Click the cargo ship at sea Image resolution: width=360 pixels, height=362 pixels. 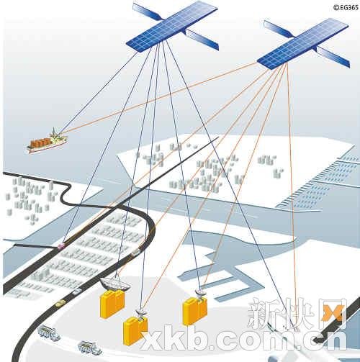pyautogui.click(x=48, y=142)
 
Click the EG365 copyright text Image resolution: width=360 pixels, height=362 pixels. pyautogui.click(x=346, y=7)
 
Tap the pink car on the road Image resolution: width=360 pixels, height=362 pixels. pyautogui.click(x=61, y=245)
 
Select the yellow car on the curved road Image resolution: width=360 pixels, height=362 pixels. pyautogui.click(x=59, y=304)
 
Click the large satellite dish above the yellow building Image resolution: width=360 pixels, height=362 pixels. pyautogui.click(x=115, y=284)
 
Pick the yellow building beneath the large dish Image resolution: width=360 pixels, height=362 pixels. pyautogui.click(x=112, y=304)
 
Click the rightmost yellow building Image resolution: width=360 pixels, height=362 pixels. pyautogui.click(x=194, y=311)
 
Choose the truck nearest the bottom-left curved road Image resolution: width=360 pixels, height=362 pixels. pyautogui.click(x=49, y=332)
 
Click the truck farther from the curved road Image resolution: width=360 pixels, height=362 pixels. pyautogui.click(x=90, y=348)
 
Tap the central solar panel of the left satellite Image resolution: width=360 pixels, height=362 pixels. pyautogui.click(x=171, y=27)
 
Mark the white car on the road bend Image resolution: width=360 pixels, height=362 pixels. pyautogui.click(x=135, y=251)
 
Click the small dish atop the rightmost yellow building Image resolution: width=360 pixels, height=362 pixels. pyautogui.click(x=200, y=294)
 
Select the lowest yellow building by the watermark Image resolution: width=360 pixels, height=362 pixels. pyautogui.click(x=135, y=331)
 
